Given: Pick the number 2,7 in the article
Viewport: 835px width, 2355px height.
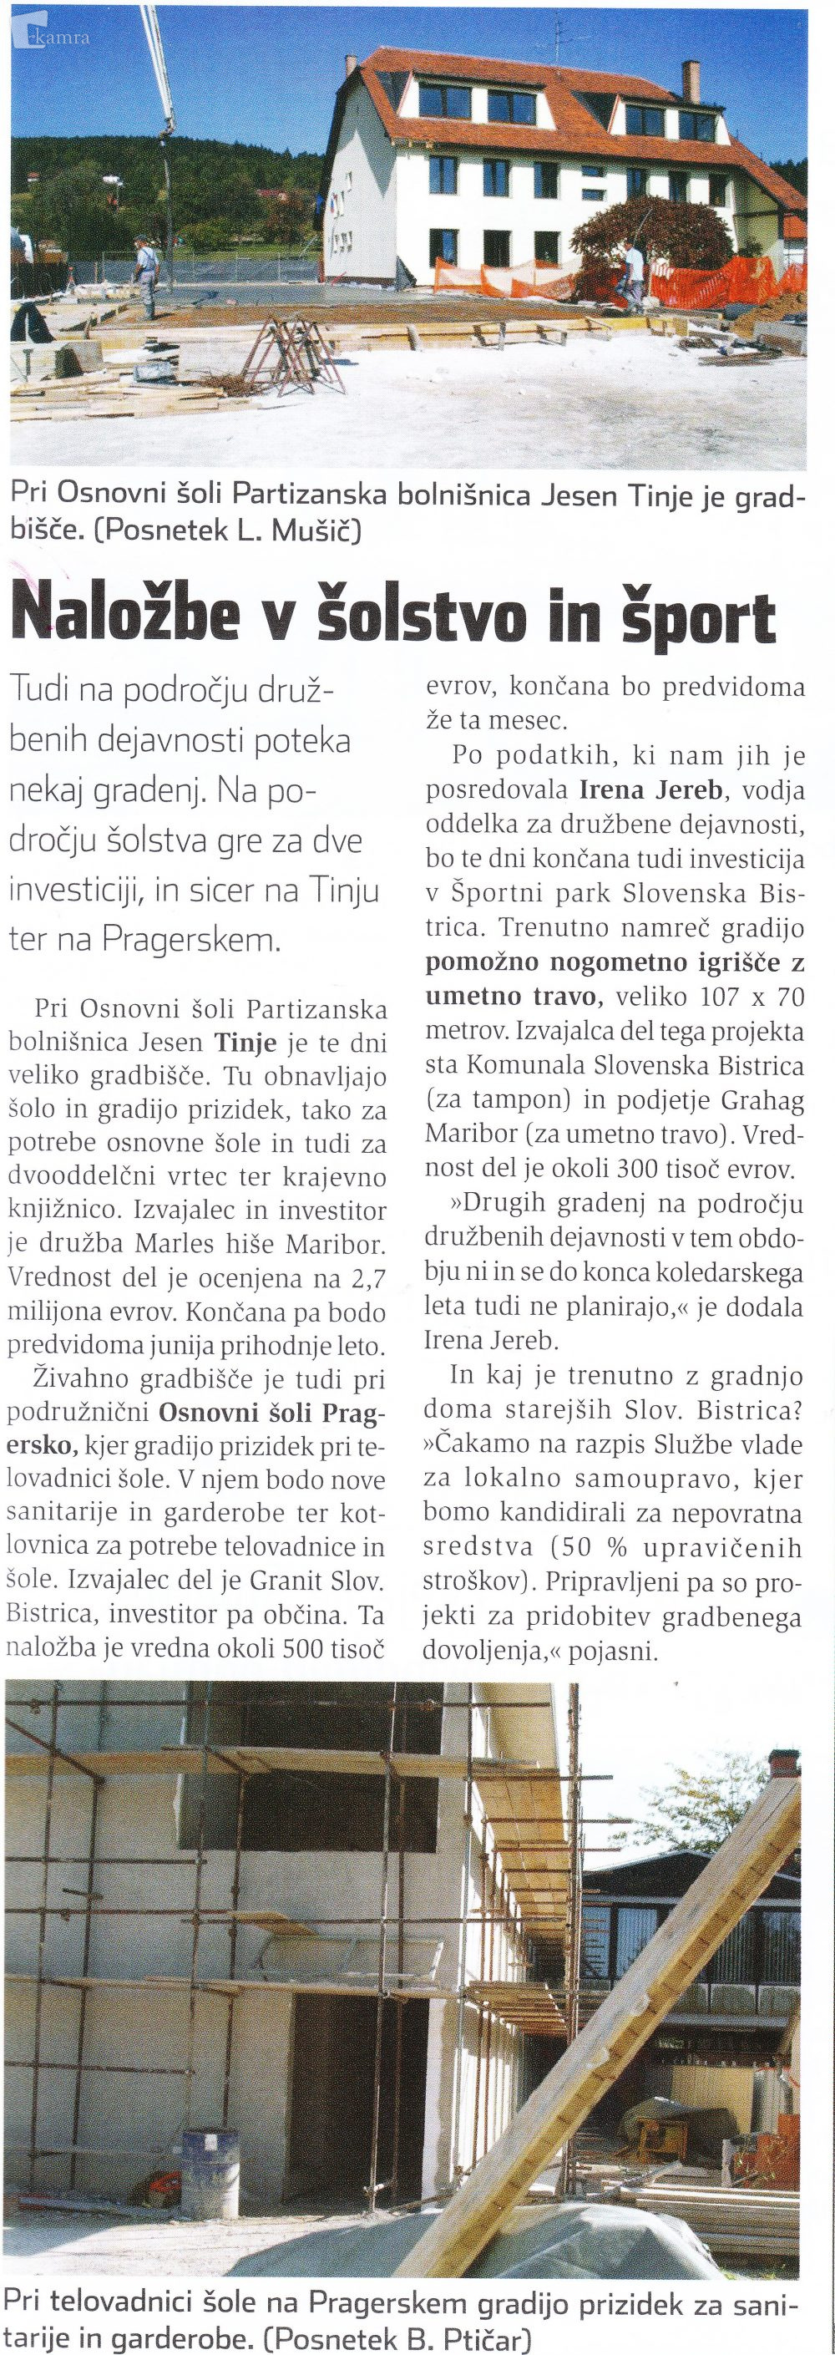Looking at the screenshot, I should coord(365,1282).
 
